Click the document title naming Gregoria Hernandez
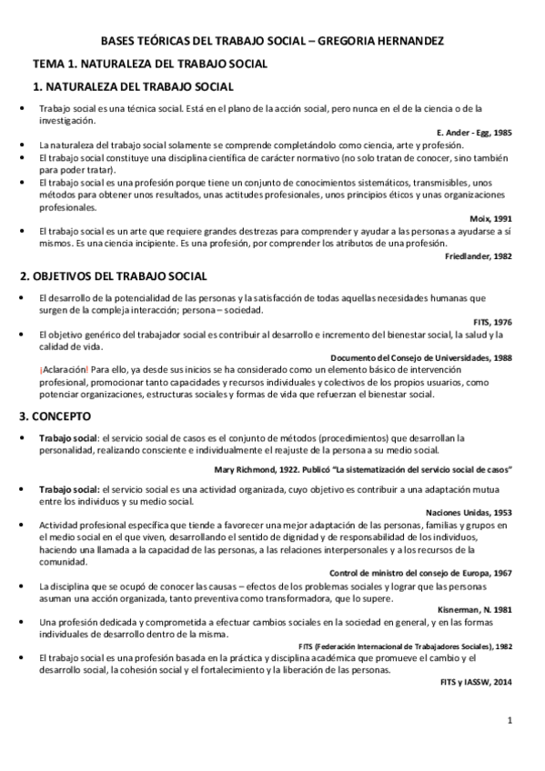272,42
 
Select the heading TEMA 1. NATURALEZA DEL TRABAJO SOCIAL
149,65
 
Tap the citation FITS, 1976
492,322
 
